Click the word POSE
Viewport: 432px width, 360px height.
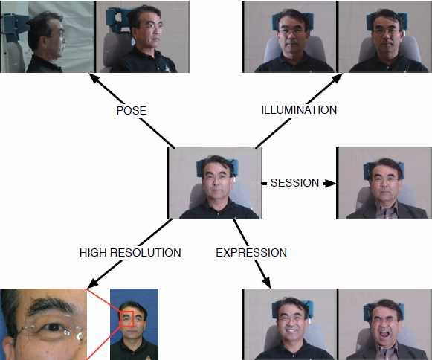(x=131, y=111)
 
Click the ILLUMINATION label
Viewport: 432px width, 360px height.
(x=299, y=110)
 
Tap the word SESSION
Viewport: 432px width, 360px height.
(x=294, y=183)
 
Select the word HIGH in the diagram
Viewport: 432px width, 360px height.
(x=93, y=253)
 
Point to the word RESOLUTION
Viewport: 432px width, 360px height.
(x=146, y=253)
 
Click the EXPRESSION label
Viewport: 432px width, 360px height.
(x=251, y=253)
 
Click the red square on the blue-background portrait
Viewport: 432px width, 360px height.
(x=126, y=319)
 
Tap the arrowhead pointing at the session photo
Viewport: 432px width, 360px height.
(x=330, y=183)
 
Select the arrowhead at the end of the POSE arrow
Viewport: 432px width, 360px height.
(x=94, y=78)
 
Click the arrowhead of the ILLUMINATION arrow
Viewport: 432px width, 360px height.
(x=336, y=78)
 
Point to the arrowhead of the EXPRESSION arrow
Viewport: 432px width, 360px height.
(x=267, y=283)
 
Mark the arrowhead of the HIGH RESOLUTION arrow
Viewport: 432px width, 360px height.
(x=92, y=283)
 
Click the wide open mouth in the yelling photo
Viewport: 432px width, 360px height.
(x=384, y=335)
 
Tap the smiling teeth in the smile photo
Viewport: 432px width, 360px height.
(x=291, y=330)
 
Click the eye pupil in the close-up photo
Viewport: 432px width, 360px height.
(x=54, y=327)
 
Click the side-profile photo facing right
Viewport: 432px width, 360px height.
(x=47, y=36)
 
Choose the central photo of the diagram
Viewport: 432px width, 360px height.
(x=214, y=183)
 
